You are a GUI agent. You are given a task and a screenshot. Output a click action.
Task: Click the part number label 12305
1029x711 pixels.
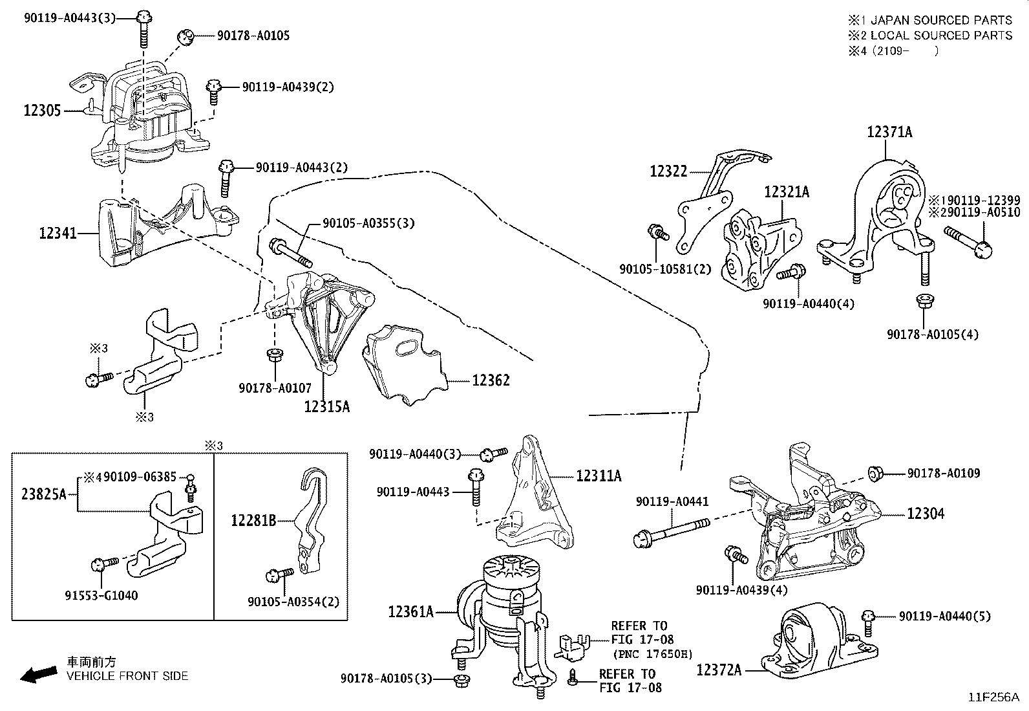click(42, 111)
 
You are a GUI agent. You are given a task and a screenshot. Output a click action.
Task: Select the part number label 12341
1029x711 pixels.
click(58, 233)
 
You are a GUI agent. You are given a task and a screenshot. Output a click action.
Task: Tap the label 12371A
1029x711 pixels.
click(889, 132)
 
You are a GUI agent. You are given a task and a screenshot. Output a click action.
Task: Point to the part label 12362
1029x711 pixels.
click(491, 380)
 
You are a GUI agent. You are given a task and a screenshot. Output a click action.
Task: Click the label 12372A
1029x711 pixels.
click(719, 670)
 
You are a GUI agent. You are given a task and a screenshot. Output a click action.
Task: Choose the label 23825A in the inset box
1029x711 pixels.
click(44, 494)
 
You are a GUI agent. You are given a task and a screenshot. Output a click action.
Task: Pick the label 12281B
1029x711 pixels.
click(253, 521)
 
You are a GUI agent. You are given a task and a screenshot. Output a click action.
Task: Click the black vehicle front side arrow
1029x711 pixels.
click(39, 675)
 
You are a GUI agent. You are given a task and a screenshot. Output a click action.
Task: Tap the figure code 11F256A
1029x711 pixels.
click(993, 697)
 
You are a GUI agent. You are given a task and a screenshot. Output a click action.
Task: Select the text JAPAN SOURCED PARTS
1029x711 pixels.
click(941, 20)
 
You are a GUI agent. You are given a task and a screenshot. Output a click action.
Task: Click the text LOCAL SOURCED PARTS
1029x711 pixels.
click(941, 36)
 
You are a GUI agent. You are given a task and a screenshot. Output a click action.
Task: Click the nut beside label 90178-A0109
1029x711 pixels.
click(875, 473)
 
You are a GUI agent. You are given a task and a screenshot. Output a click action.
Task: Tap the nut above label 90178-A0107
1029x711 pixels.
click(275, 355)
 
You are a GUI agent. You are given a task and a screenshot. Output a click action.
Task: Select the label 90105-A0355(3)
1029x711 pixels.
click(368, 223)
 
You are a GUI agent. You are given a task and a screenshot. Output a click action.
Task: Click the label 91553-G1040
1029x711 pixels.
click(101, 596)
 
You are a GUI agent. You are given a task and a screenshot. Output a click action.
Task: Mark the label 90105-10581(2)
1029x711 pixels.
click(665, 269)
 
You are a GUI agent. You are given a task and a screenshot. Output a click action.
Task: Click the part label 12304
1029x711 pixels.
click(926, 513)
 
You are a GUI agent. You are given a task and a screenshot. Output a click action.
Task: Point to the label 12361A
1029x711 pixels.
click(410, 611)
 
